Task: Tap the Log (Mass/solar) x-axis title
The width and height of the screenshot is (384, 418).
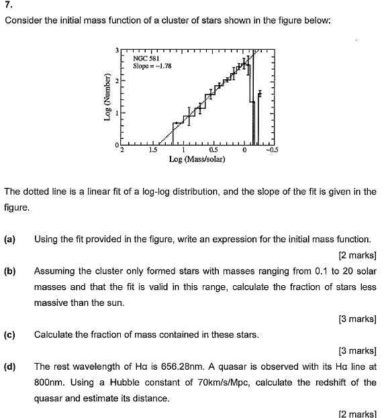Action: pos(197,160)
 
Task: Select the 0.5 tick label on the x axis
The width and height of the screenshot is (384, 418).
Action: pos(213,150)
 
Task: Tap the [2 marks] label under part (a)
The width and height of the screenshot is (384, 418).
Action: pos(358,256)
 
